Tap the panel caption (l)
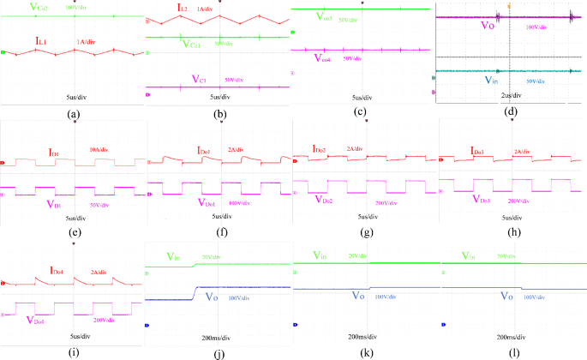pyautogui.click(x=512, y=351)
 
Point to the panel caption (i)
pyautogui.click(x=73, y=351)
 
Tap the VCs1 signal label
pyautogui.click(x=195, y=43)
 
